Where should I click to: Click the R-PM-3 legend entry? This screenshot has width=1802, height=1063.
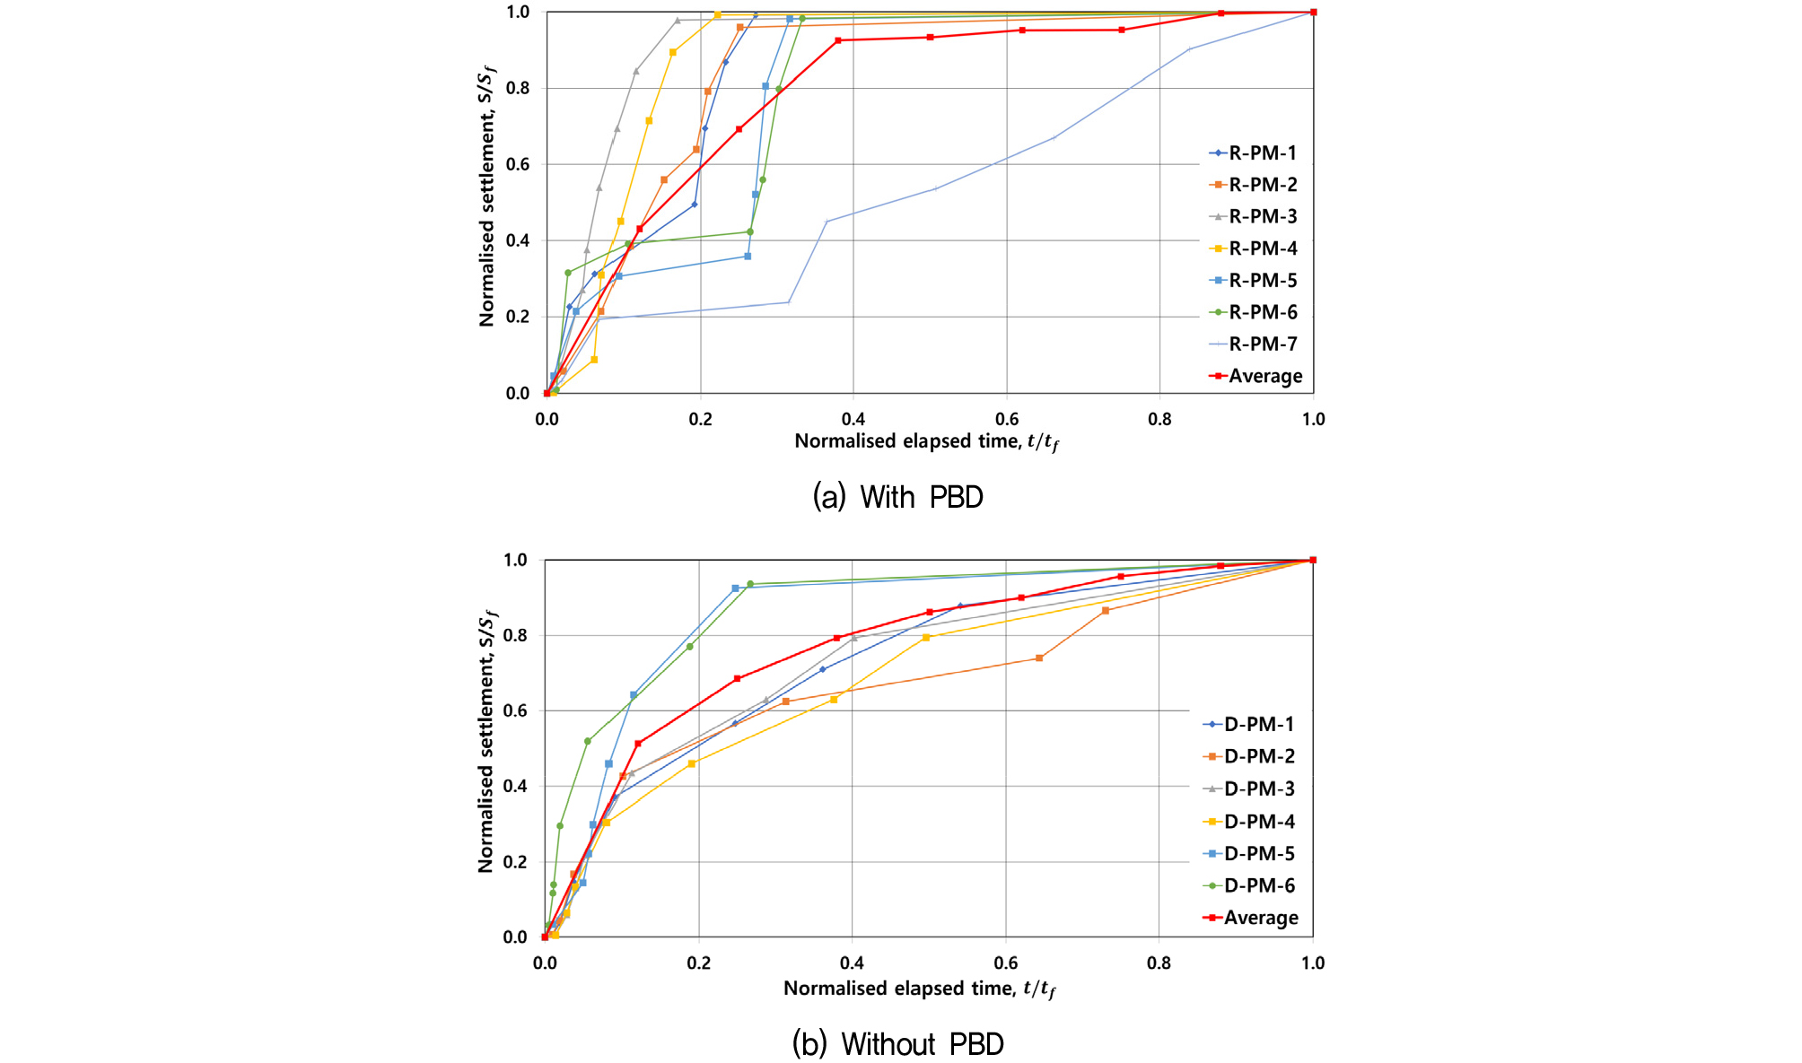pos(1254,216)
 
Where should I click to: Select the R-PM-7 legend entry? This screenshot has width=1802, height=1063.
pos(1254,344)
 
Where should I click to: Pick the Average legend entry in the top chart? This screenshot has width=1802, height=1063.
pos(1256,376)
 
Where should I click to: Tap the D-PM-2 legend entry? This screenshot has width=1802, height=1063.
pos(1249,756)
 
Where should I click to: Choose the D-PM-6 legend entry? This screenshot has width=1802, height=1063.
pos(1249,885)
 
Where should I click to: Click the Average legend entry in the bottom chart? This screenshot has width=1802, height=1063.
pos(1251,918)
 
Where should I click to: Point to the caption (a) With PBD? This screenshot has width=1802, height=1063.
pos(898,497)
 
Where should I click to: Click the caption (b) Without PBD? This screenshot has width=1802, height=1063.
pos(898,1044)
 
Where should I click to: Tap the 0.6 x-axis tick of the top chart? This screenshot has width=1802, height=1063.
pos(1007,419)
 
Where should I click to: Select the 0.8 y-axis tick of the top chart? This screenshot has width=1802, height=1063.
pos(518,88)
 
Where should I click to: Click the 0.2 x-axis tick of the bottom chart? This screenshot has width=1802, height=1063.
pos(698,963)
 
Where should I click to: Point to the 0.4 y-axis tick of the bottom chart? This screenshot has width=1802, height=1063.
pos(515,786)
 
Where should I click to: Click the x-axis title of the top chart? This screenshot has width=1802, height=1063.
pos(926,441)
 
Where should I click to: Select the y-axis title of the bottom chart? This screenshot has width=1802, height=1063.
pos(487,743)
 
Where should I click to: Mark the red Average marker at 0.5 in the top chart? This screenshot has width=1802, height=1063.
pos(931,37)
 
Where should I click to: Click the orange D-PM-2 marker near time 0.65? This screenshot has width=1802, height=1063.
pos(1039,658)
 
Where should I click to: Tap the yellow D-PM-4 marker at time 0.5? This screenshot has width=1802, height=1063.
pos(926,637)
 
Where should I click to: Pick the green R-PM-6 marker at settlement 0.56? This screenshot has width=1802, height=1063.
pos(763,179)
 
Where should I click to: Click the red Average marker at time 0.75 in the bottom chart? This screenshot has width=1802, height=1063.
pos(1121,576)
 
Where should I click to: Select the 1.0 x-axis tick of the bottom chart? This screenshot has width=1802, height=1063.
pos(1313,963)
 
